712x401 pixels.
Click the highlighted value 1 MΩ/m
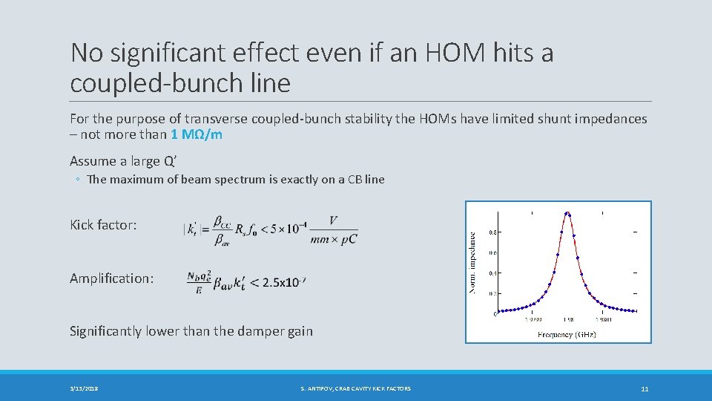(196, 134)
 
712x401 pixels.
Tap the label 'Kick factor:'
(103, 224)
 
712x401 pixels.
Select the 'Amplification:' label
(112, 278)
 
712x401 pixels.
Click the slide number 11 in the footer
(644, 388)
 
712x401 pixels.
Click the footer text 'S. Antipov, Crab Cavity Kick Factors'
(355, 388)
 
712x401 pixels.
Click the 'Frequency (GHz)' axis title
(567, 335)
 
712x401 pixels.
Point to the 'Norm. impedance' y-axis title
(473, 261)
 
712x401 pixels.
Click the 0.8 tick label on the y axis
(492, 232)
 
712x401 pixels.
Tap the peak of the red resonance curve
(567, 214)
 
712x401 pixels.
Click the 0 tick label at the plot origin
(495, 314)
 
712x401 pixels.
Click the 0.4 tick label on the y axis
(492, 273)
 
